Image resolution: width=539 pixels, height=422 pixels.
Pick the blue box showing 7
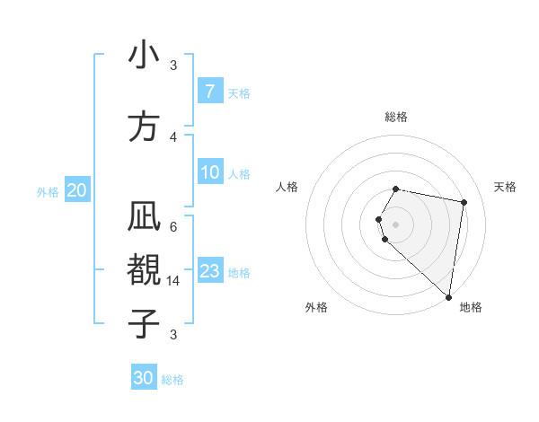(x=209, y=91)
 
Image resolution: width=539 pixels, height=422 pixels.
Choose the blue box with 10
(x=209, y=172)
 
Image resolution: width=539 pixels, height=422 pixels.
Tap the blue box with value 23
(x=209, y=271)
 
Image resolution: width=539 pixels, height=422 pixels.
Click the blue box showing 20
(x=76, y=190)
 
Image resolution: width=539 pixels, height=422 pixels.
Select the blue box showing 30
(x=144, y=378)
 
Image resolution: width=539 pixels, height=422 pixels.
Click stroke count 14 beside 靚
(x=173, y=280)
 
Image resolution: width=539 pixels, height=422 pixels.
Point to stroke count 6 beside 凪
(x=173, y=226)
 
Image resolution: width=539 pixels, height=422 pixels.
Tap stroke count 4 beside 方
(x=173, y=136)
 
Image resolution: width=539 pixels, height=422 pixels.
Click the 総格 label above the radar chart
(x=396, y=117)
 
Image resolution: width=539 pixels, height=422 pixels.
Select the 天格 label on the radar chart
(x=505, y=187)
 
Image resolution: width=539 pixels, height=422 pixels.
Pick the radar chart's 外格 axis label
(x=316, y=308)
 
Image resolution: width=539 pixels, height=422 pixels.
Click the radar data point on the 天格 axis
(x=464, y=202)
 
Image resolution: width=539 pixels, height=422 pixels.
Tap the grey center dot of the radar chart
(x=396, y=224)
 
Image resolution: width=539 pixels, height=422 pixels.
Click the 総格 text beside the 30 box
(x=172, y=380)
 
